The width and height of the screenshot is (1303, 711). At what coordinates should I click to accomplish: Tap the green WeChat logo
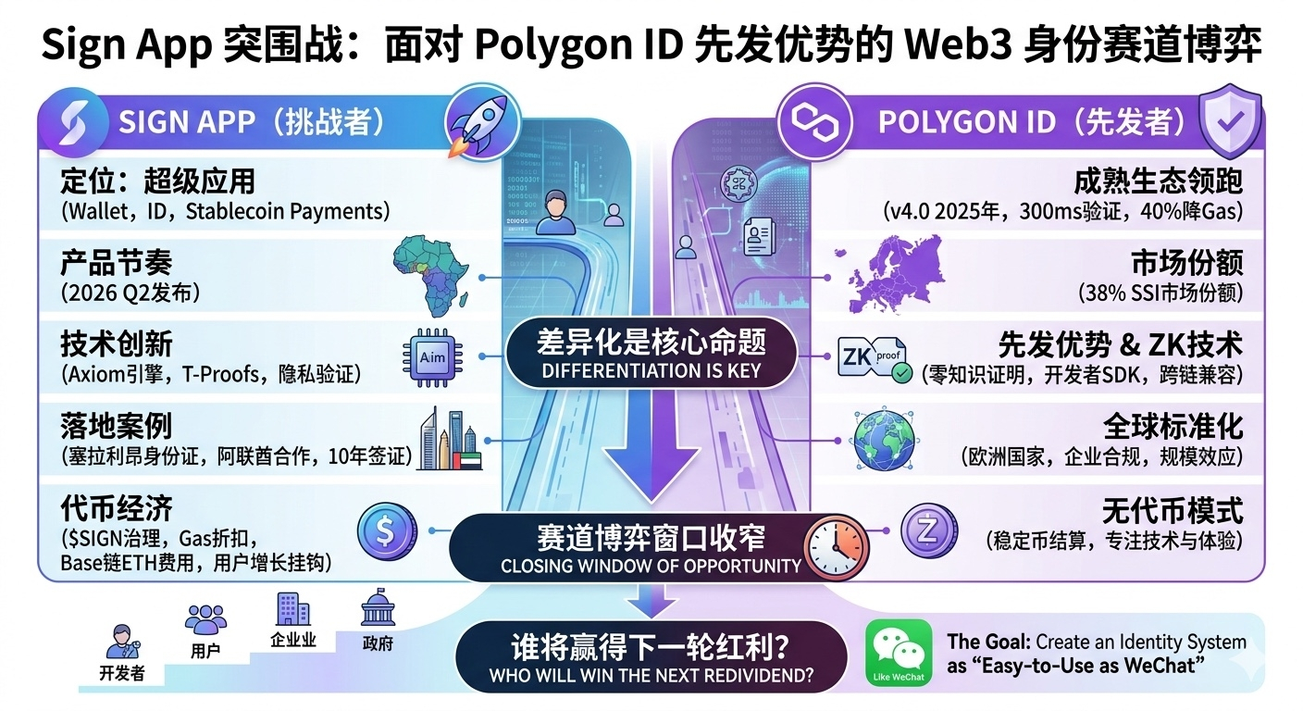click(x=899, y=653)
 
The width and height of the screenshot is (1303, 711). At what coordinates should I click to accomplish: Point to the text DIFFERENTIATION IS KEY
click(x=651, y=371)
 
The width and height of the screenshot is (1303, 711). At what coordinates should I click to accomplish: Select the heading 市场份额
click(x=1187, y=263)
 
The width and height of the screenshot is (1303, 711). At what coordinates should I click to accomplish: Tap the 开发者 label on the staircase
click(x=121, y=673)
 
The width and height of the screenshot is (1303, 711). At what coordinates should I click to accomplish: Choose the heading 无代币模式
click(x=1173, y=511)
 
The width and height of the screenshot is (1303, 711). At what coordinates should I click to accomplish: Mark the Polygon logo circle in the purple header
click(x=814, y=123)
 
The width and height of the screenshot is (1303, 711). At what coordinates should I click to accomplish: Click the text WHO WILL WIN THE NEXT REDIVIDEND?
click(x=651, y=676)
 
